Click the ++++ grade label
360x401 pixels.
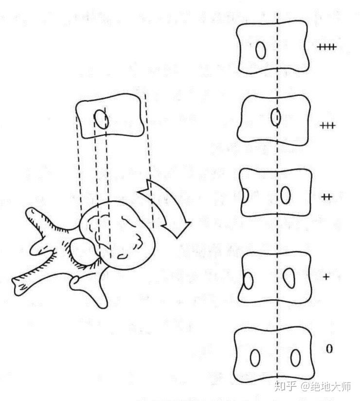tap(326, 47)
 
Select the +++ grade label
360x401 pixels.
tap(328, 126)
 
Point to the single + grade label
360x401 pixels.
tap(326, 276)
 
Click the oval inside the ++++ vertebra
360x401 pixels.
tap(261, 50)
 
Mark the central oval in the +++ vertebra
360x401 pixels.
tap(275, 118)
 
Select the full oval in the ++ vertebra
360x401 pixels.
tap(286, 194)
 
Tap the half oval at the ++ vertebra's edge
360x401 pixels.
tap(246, 196)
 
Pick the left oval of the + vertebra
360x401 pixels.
tap(248, 281)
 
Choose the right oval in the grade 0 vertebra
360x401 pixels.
tap(295, 358)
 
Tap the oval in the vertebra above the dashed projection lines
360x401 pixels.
tap(101, 119)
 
